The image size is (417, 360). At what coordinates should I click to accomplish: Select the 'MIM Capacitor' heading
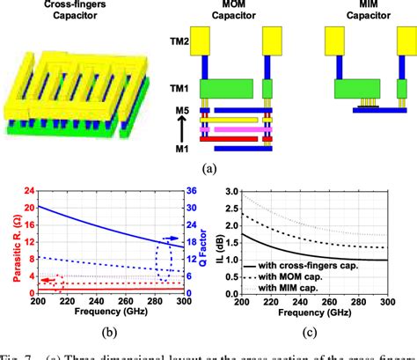[x=358, y=12]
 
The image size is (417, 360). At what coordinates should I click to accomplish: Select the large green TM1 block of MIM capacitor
[x=361, y=88]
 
